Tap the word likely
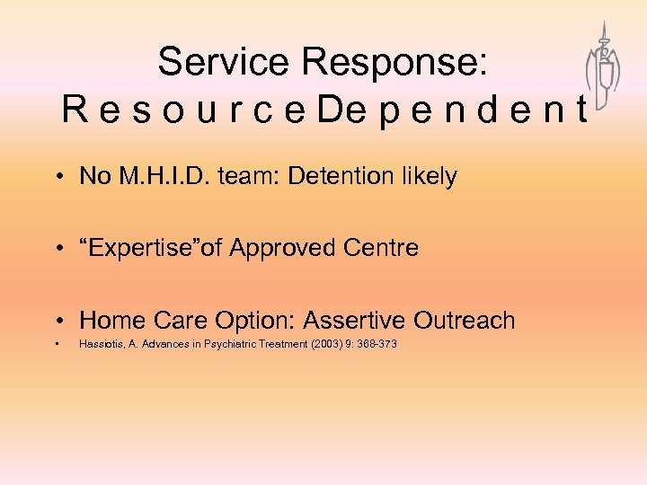429,177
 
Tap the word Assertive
352,320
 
